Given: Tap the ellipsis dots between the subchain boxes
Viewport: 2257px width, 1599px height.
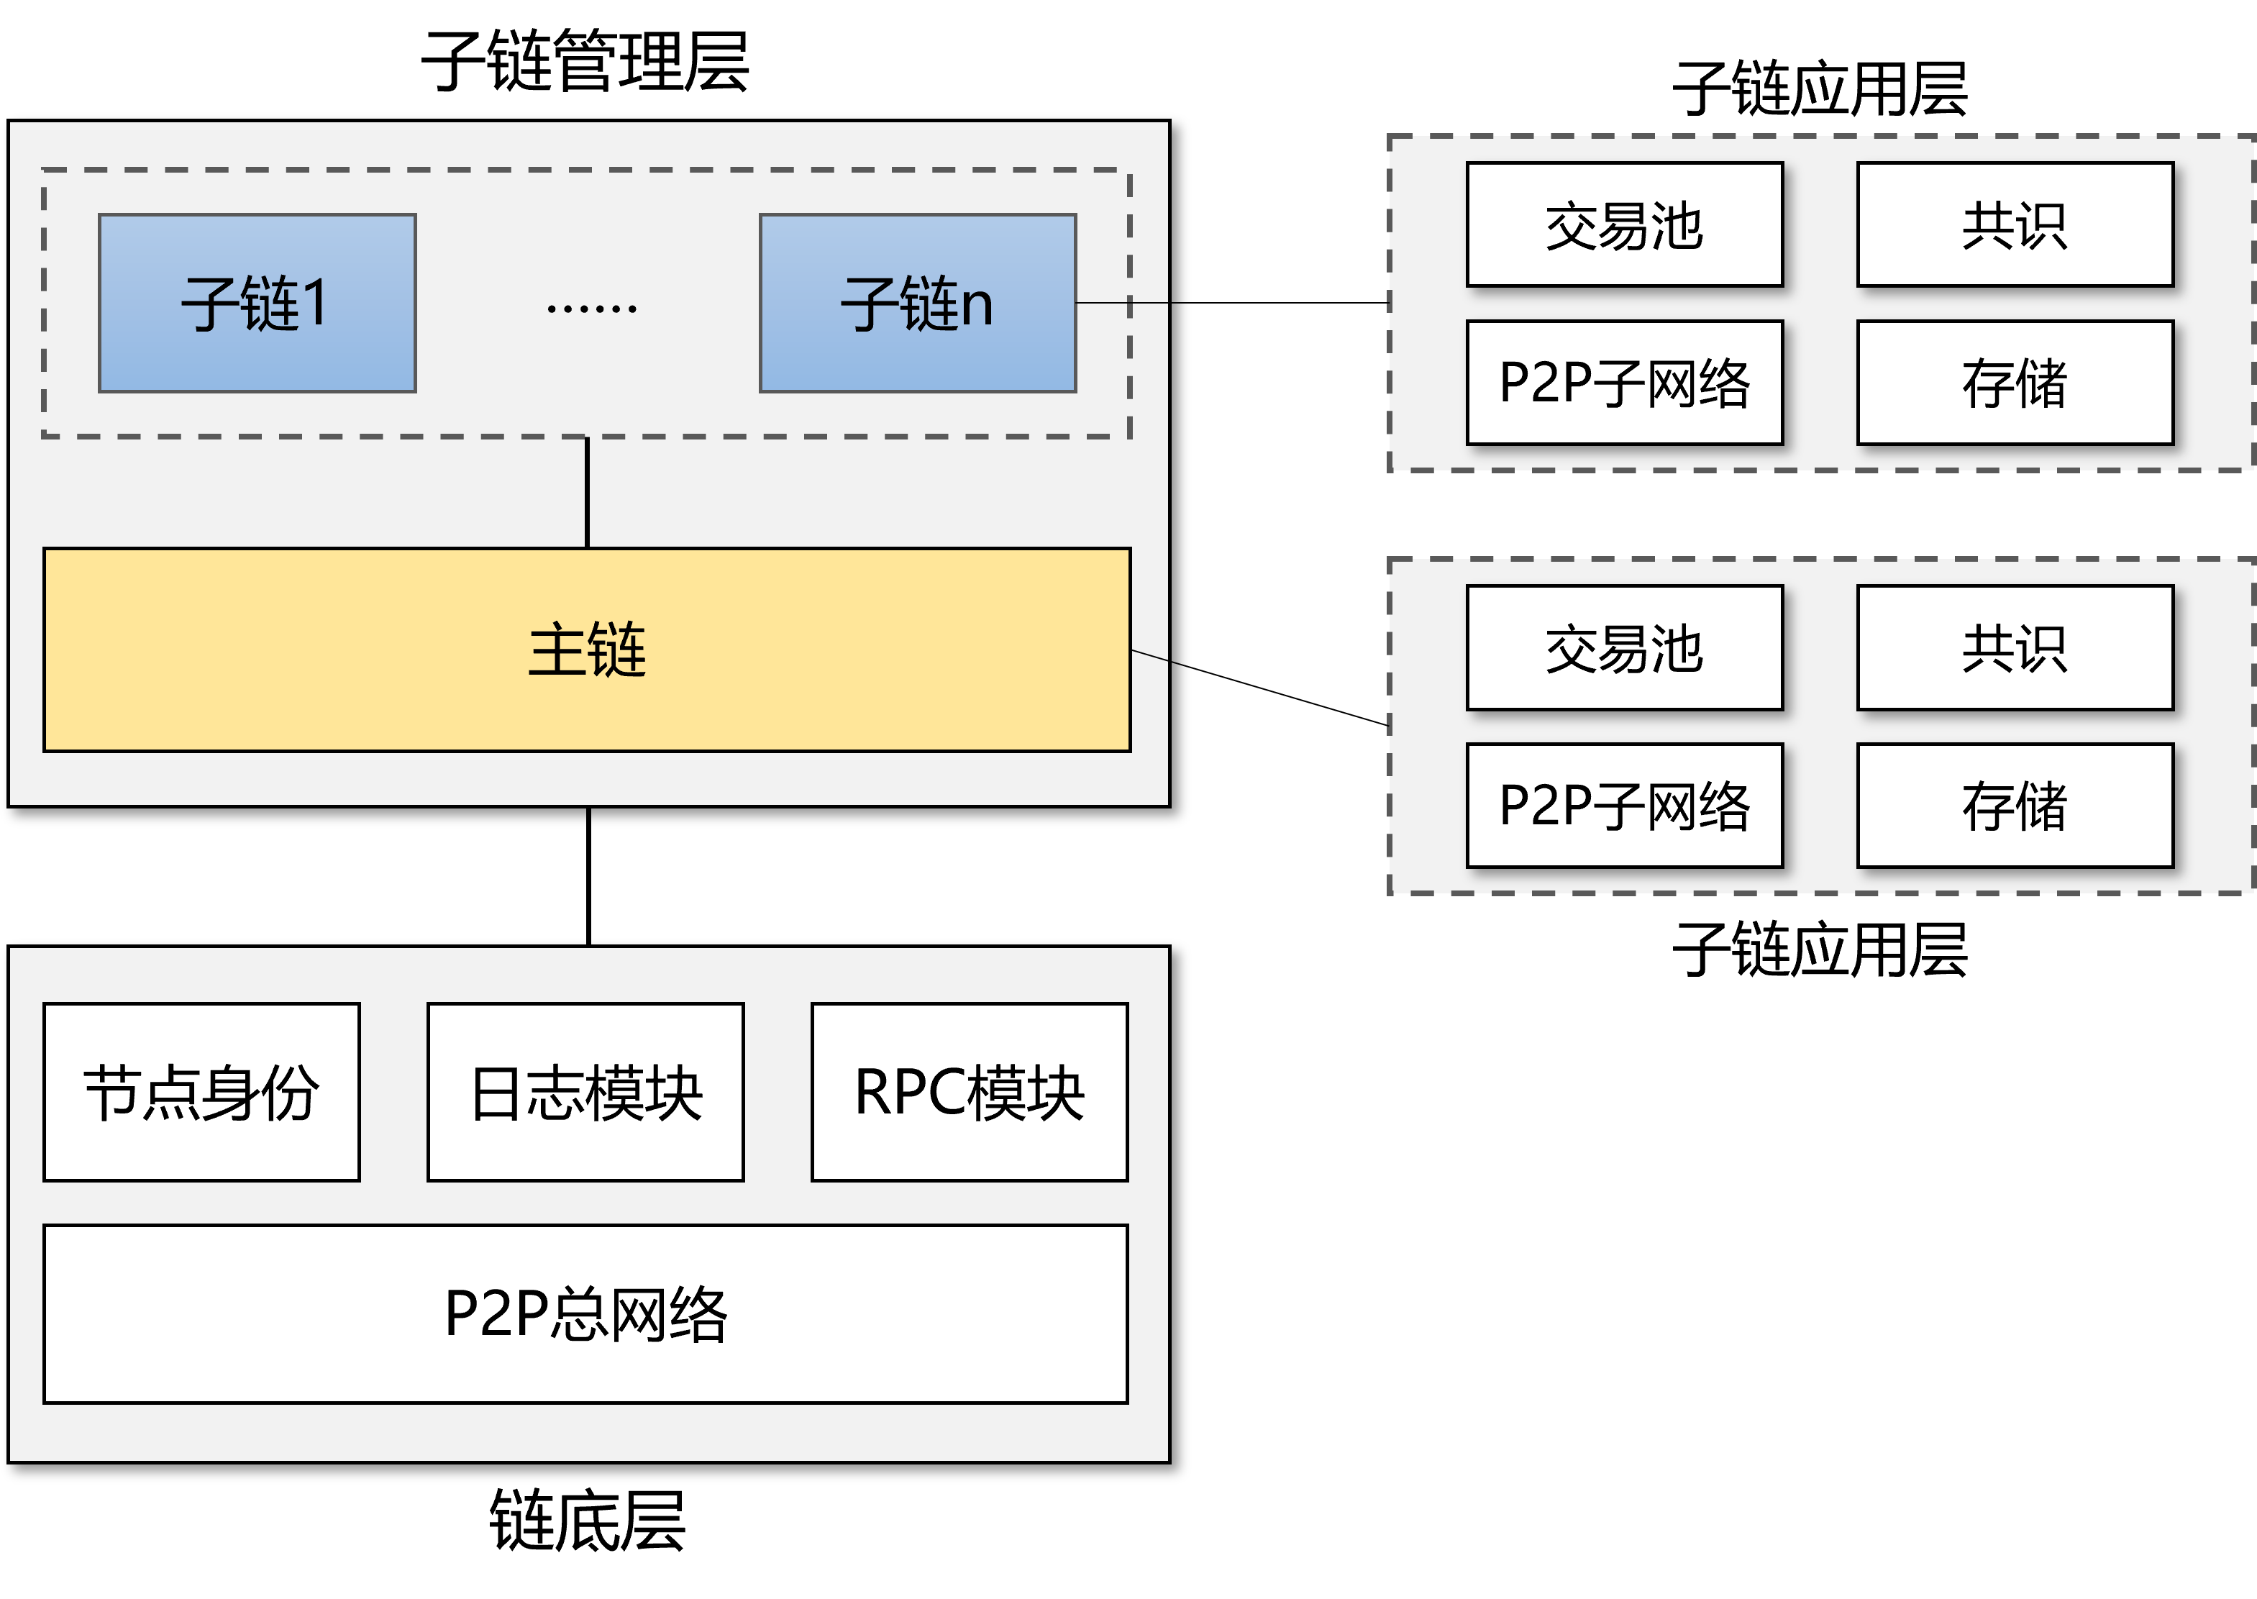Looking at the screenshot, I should click(x=591, y=308).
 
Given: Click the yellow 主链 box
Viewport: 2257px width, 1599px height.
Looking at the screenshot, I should click(x=587, y=650).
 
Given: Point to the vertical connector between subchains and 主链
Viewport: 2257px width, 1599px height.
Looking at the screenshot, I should click(x=587, y=492).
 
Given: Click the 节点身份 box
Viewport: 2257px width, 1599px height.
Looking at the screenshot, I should click(x=202, y=1091).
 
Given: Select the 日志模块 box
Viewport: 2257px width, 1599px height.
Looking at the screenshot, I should click(x=585, y=1091).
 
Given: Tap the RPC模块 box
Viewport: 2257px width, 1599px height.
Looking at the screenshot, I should click(x=970, y=1091).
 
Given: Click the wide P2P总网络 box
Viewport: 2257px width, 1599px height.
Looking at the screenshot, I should click(x=585, y=1313).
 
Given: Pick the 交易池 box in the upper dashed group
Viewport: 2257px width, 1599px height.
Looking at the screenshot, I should click(x=1624, y=224).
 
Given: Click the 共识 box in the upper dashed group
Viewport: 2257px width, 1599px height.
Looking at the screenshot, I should click(x=2015, y=224).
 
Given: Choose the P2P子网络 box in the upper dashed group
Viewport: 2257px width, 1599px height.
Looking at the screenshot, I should click(x=1624, y=382).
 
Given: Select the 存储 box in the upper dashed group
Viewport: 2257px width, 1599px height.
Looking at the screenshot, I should click(x=2015, y=382).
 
